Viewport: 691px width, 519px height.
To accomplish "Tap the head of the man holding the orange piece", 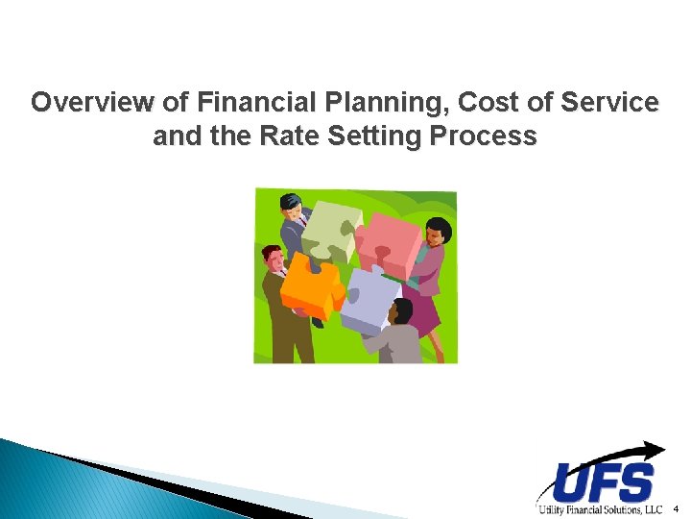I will (274, 258).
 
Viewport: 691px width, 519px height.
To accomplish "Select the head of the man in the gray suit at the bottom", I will (400, 310).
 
